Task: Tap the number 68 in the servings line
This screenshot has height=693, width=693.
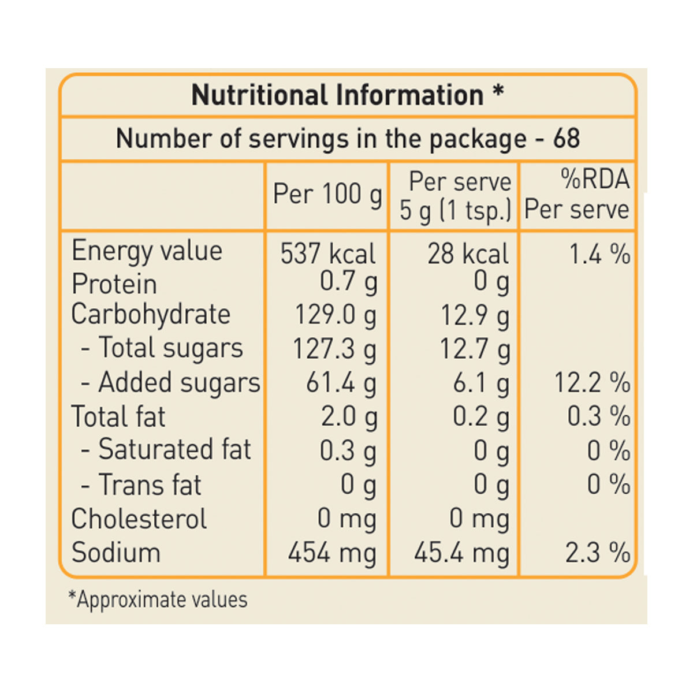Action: tap(566, 139)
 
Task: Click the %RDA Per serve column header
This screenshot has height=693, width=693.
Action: tap(576, 194)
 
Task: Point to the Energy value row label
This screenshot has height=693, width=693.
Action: tap(147, 252)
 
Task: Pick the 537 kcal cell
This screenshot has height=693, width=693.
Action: tap(327, 254)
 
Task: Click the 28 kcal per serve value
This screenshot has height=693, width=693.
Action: tap(468, 254)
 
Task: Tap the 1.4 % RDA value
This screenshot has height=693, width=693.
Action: tap(599, 254)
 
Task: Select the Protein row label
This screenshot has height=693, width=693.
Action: tap(114, 284)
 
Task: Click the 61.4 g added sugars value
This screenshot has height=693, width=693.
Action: tap(341, 383)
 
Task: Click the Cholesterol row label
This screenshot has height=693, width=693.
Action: tap(139, 519)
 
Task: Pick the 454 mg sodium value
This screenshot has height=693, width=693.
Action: tap(332, 553)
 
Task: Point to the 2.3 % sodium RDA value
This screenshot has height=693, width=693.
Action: tap(597, 553)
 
